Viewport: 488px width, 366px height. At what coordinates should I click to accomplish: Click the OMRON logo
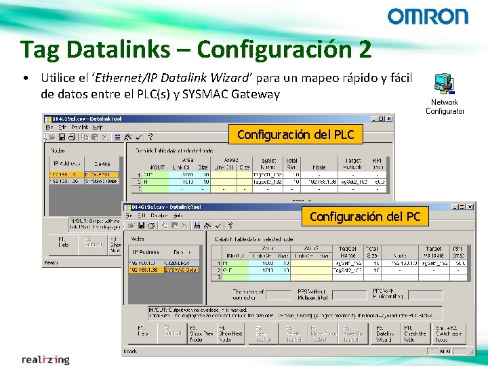(x=428, y=17)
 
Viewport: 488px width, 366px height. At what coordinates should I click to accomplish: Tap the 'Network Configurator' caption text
(x=445, y=107)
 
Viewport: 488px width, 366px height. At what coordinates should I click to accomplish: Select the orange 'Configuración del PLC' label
(x=296, y=135)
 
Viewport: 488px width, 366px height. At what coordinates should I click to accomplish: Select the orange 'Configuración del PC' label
(x=365, y=217)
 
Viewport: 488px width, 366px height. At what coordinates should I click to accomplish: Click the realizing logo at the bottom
(x=45, y=359)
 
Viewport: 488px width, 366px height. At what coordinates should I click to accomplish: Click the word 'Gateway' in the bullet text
(x=256, y=94)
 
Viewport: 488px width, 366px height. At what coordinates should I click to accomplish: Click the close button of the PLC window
(x=389, y=118)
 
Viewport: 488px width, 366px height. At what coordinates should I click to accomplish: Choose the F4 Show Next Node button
(x=230, y=333)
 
